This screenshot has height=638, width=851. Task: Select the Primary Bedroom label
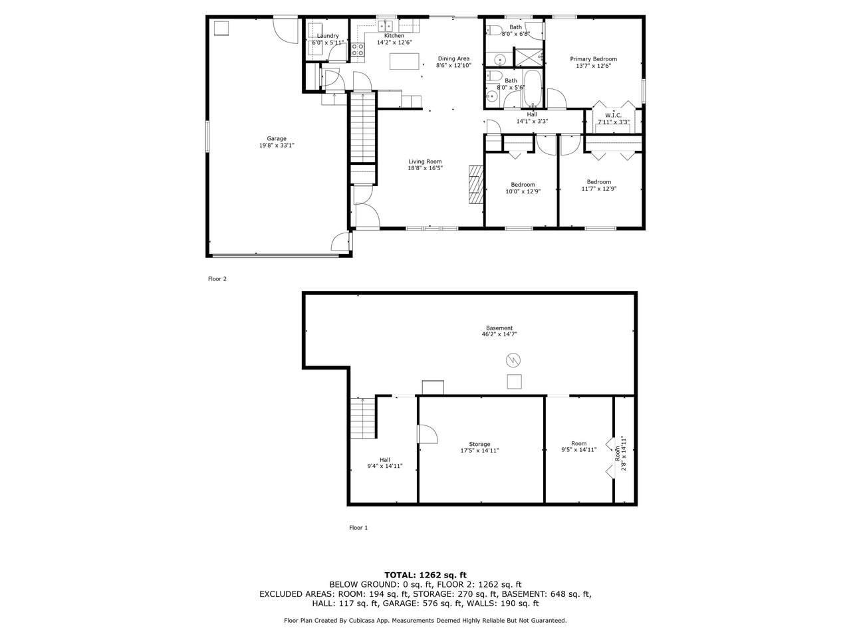pos(593,59)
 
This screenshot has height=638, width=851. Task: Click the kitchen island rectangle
pos(404,61)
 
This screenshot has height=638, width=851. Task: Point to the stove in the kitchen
pos(358,50)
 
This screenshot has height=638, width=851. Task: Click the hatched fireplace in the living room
pos(477,184)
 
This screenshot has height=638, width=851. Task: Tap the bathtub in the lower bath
pos(533,88)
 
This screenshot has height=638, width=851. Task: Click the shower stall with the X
pos(528,57)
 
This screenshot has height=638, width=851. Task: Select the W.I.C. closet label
pos(614,116)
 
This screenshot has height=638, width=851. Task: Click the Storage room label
pos(479,444)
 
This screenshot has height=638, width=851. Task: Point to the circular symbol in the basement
pos(513,360)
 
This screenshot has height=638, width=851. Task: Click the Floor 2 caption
pos(217,279)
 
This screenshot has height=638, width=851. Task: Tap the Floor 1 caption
pos(358,528)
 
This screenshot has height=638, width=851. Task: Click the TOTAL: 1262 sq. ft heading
pos(425,575)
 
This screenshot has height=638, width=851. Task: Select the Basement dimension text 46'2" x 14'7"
pos(499,334)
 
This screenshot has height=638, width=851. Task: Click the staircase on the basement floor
pos(363,418)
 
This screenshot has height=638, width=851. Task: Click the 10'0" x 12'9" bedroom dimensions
pos(523,191)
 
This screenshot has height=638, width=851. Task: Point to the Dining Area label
pos(453,59)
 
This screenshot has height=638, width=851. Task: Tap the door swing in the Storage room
pos(427,434)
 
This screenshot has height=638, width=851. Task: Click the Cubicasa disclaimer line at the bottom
pos(425,621)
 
